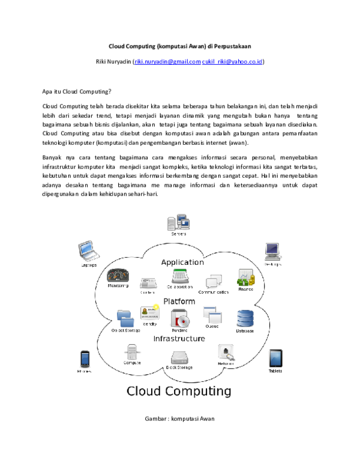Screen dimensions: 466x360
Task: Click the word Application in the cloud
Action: pyautogui.click(x=182, y=262)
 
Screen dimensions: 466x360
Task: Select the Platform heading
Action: pyautogui.click(x=179, y=301)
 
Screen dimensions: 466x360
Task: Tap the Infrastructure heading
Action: pyautogui.click(x=179, y=339)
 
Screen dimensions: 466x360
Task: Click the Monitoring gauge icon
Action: pyautogui.click(x=118, y=276)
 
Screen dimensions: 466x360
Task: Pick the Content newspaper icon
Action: pyautogui.click(x=148, y=283)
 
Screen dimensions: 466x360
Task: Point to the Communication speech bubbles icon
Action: pyautogui.click(x=214, y=281)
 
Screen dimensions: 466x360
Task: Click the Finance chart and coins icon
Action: pyautogui.click(x=246, y=277)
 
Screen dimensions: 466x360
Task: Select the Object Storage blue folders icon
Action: pyautogui.click(x=125, y=318)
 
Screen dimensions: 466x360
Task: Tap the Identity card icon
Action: pyautogui.click(x=149, y=312)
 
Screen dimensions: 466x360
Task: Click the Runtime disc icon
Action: pyautogui.click(x=179, y=318)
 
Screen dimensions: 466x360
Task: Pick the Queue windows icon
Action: pyautogui.click(x=212, y=315)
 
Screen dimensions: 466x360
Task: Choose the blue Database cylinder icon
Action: pyautogui.click(x=245, y=318)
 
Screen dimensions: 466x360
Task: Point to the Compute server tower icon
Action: pyautogui.click(x=132, y=352)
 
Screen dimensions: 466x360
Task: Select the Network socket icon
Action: pyautogui.click(x=226, y=353)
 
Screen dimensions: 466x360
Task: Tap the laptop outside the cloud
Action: pyautogui.click(x=88, y=250)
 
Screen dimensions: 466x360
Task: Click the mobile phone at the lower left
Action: pyautogui.click(x=85, y=359)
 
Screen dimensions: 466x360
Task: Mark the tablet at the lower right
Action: pyautogui.click(x=275, y=359)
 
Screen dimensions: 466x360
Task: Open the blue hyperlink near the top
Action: pyautogui.click(x=199, y=61)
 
